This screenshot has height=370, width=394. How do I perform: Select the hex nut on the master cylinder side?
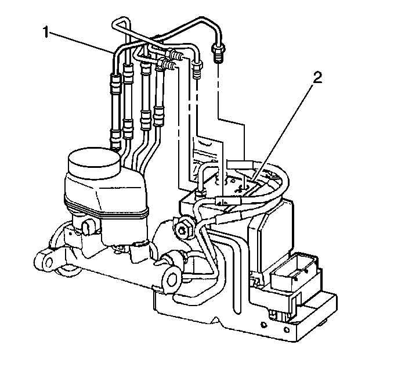[x=183, y=228]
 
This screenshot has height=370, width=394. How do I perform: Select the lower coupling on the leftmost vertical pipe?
[x=116, y=135]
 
